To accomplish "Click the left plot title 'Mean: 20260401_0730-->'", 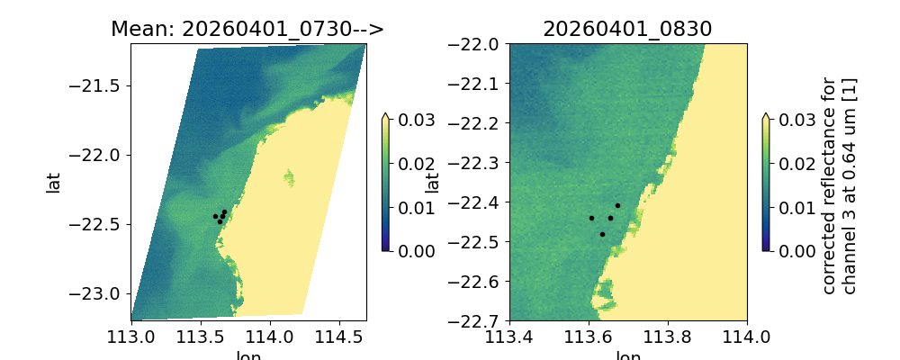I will [247, 29].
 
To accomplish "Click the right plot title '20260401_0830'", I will [627, 29].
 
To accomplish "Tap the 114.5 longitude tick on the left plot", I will [338, 337].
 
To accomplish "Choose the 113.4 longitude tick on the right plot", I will [509, 337].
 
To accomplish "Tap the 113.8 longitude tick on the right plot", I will [668, 337].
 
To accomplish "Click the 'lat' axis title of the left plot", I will [53, 182].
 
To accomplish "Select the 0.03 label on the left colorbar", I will [411, 120].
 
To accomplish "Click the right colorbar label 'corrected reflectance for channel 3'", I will [838, 184].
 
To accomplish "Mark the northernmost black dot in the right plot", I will [617, 205].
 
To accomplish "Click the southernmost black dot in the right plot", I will [602, 234].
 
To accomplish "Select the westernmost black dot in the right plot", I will [591, 218].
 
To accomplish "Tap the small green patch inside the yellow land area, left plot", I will [290, 176].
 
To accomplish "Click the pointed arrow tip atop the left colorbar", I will [386, 115].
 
